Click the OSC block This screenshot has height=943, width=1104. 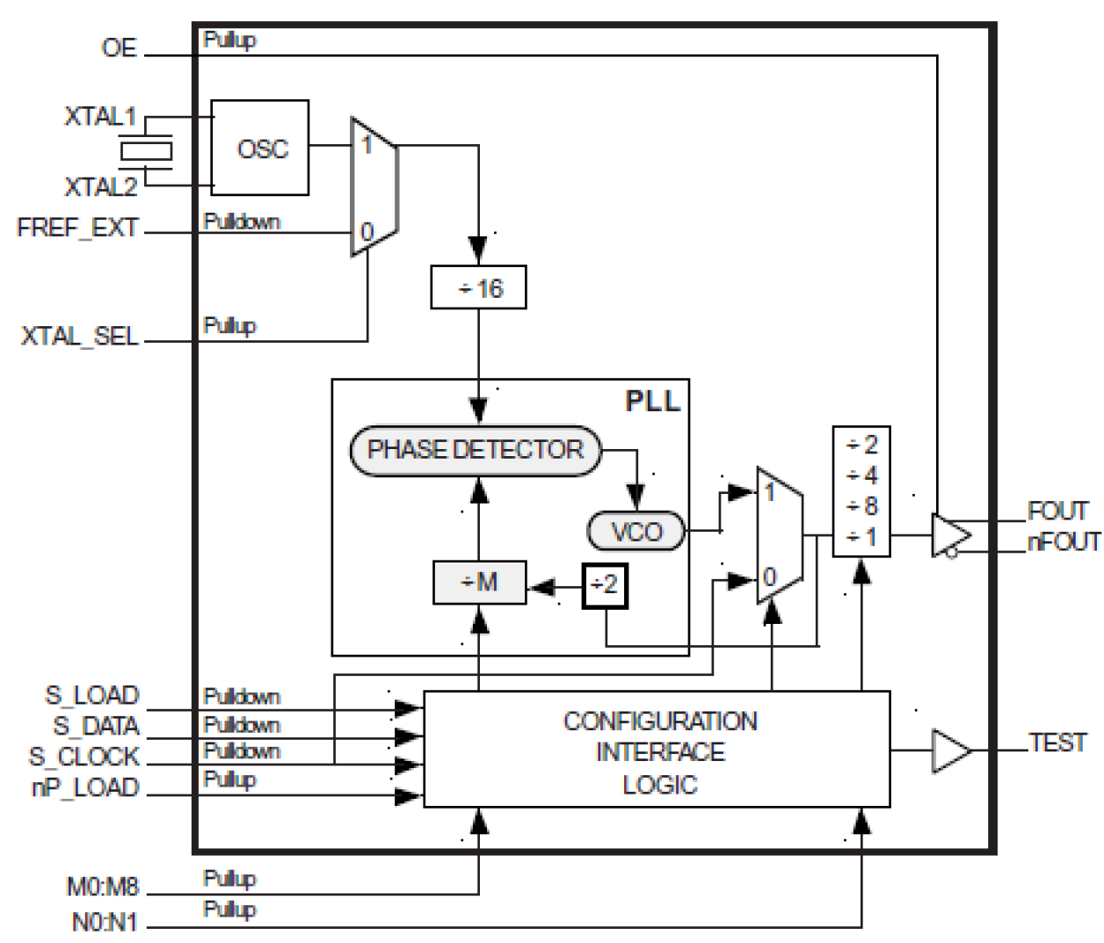pos(260,148)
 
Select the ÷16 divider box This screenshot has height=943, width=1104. pos(478,287)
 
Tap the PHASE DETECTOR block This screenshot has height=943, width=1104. pos(476,450)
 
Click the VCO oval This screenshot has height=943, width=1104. pos(636,532)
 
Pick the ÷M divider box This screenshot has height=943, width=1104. pos(479,582)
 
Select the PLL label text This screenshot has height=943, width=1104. pos(652,402)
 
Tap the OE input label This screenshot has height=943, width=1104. pos(119,47)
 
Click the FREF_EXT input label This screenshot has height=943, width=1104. pos(77,228)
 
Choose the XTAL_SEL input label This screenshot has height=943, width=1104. pos(80,337)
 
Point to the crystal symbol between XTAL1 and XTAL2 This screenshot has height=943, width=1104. pos(145,151)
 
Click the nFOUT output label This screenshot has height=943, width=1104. pos(1063,542)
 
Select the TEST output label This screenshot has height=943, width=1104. pos(1057,743)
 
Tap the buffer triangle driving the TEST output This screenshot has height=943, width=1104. pos(950,751)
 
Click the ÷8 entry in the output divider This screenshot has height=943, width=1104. pos(861,506)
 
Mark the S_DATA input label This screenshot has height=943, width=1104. pos(96,726)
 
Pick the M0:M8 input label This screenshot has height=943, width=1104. pos(102,886)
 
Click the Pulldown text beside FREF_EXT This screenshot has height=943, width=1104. pos(241,221)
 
